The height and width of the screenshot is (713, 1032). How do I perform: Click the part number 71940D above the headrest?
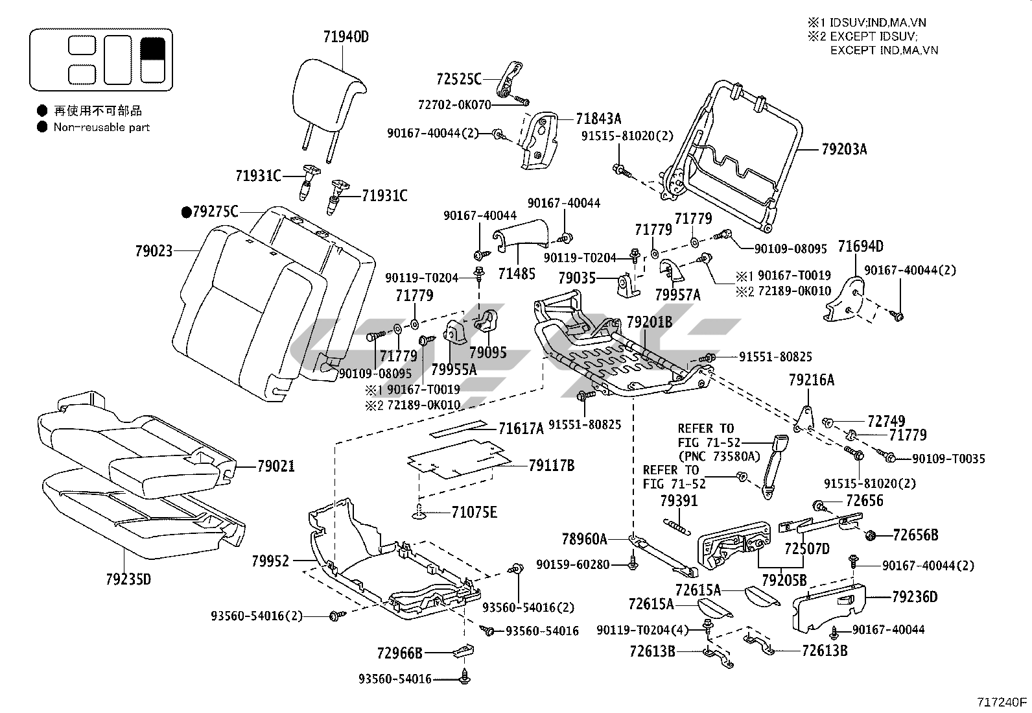[346, 37]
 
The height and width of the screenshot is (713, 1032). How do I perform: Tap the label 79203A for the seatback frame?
[843, 149]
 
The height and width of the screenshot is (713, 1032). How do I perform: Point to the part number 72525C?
[459, 79]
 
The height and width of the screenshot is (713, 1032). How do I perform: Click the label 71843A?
[598, 118]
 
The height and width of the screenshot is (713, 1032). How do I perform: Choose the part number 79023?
[154, 250]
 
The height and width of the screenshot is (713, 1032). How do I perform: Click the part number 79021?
[276, 466]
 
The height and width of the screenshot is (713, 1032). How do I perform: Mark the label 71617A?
[521, 428]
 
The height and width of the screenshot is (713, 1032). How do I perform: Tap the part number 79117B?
[551, 465]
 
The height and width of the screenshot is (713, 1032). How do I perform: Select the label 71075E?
[475, 513]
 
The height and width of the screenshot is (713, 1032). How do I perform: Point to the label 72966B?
[399, 652]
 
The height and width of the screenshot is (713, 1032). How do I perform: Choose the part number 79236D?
[915, 596]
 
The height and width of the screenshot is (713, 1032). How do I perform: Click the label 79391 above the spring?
[679, 501]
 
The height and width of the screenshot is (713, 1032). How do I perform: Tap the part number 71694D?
[860, 246]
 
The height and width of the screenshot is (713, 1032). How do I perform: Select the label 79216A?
[811, 380]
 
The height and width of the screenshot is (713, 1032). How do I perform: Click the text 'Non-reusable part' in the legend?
[102, 127]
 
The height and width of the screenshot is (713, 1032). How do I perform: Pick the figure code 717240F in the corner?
[1003, 701]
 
